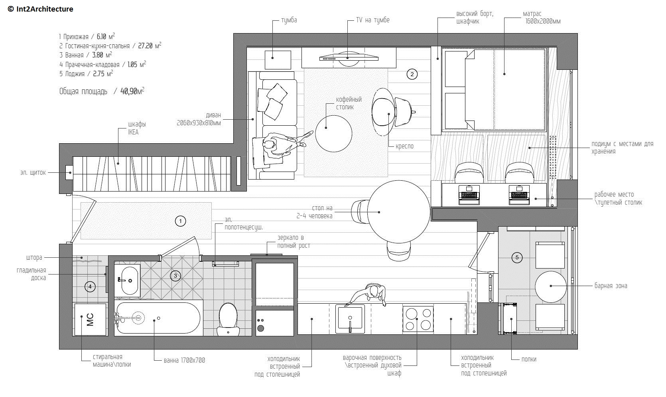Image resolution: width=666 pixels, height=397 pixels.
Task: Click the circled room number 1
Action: point(180,221)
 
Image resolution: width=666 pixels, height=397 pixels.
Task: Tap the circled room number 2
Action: point(412,74)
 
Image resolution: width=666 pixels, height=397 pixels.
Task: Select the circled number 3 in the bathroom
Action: point(175,276)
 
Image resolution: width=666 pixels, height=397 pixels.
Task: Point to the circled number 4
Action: point(90,286)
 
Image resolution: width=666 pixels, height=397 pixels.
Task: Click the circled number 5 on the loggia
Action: point(517,257)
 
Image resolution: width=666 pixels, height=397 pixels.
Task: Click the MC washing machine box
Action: point(90,319)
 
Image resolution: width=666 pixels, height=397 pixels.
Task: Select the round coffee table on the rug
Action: point(333,134)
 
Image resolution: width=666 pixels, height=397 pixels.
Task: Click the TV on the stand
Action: point(349,58)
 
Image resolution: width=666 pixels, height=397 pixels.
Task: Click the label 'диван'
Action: point(213,115)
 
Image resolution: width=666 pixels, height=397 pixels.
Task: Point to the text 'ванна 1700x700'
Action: point(184,360)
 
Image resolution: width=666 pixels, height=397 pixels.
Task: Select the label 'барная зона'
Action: point(611,286)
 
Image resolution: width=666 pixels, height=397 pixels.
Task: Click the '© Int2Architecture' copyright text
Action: point(40,9)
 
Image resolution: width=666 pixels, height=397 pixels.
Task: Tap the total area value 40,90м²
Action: point(132,91)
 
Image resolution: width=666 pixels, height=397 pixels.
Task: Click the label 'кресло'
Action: point(404,146)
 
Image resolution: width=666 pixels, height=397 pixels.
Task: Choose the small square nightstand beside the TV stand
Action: point(278,60)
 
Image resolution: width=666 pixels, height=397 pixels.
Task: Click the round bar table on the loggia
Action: point(551,286)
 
